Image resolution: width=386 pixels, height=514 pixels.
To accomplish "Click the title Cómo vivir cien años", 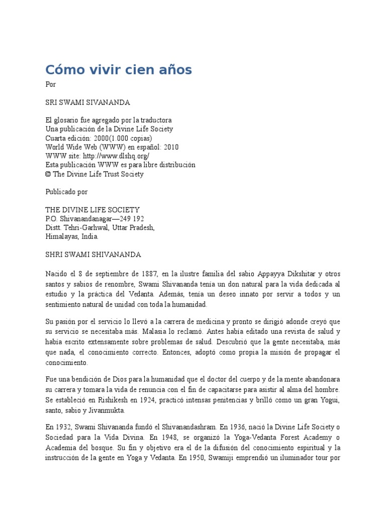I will tap(119, 70).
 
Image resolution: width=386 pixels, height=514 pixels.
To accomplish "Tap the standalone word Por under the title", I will tap(50, 84).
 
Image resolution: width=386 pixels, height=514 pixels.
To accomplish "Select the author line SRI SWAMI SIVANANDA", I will tap(87, 102).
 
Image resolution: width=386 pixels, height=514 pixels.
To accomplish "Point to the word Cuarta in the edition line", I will tap(56, 139).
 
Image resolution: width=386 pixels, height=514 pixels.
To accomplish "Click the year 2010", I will tap(170, 148).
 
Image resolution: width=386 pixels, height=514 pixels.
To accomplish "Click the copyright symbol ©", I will tap(48, 174).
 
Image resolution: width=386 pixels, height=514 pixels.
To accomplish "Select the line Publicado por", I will tap(66, 192).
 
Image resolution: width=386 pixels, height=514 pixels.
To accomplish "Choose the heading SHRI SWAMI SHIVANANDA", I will tap(93, 254).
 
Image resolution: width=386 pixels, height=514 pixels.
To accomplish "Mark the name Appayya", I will tap(271, 274).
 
